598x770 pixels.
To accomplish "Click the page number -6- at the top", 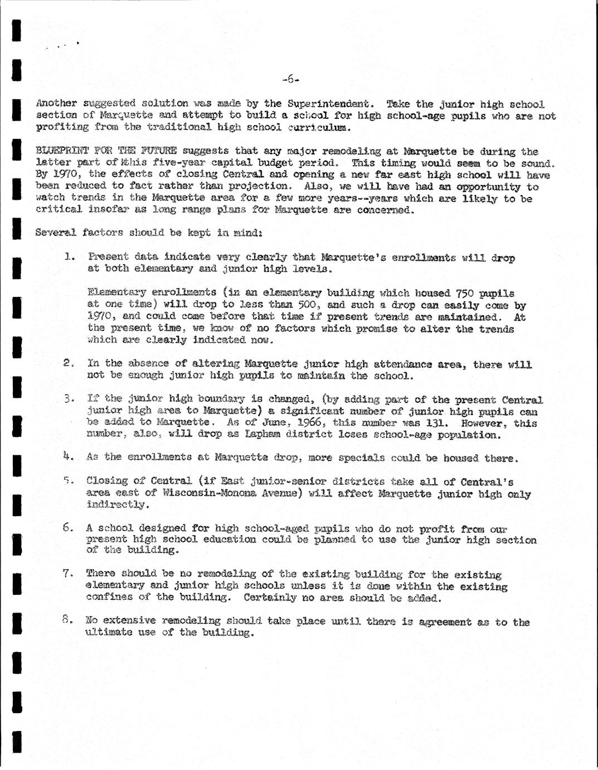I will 290,79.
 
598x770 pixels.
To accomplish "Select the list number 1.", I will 69,257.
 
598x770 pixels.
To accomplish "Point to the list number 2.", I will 69,363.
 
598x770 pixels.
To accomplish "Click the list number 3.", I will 69,398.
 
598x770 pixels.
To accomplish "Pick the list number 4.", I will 68,456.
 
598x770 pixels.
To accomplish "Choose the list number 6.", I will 68,527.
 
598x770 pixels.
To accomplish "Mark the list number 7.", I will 68,573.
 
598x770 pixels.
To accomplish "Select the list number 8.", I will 68,620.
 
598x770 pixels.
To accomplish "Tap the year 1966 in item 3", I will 309,423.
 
